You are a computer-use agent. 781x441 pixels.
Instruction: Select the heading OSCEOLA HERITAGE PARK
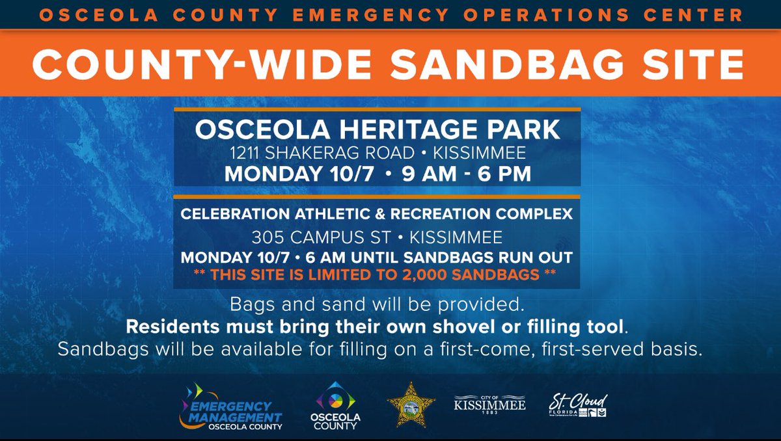377,129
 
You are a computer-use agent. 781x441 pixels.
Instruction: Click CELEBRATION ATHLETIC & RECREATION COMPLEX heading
377,213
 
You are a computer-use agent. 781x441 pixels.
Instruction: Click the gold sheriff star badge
411,405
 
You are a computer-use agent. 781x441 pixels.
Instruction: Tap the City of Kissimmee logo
489,404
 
